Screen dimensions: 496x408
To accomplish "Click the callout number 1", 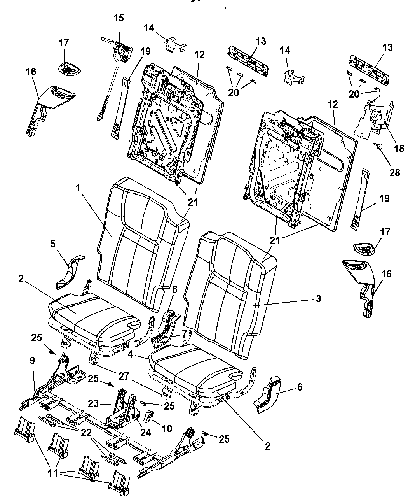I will (78, 188).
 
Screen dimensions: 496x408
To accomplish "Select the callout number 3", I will (318, 298).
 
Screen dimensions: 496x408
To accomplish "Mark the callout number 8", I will (175, 289).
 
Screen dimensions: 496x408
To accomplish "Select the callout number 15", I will (119, 18).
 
